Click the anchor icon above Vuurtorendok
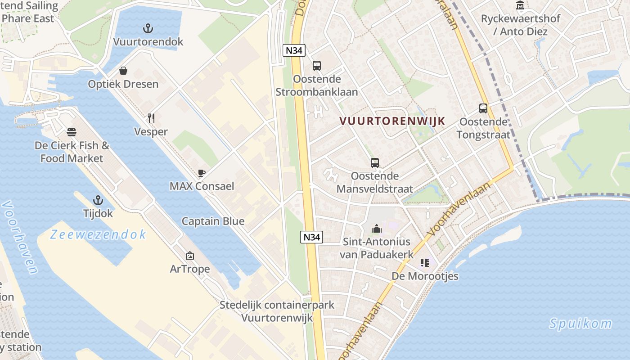148,29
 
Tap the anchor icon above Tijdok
98,200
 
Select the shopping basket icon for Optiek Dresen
123,71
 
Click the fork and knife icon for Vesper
151,118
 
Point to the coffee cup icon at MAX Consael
201,173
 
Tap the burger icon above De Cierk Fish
72,132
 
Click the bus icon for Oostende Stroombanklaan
317,66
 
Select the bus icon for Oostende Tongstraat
483,108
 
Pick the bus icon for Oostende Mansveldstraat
374,163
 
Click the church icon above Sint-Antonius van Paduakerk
377,229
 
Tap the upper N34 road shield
294,50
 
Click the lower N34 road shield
312,237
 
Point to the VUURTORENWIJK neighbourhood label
392,121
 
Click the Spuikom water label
580,324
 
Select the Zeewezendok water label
98,234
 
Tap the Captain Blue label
213,221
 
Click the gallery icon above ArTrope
190,256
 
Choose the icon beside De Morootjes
424,262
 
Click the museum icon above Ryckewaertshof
520,5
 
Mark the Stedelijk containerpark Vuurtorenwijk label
277,311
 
